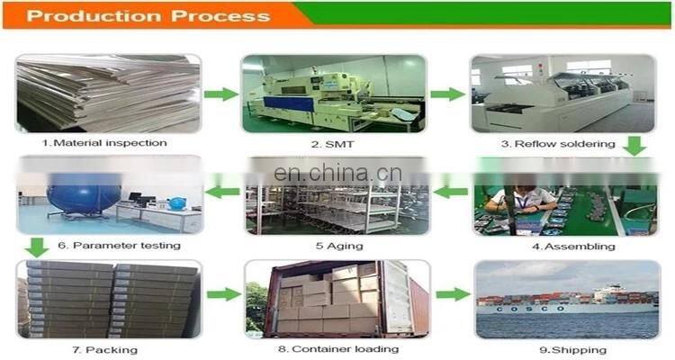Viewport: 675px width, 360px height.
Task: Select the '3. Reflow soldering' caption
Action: pyautogui.click(x=558, y=143)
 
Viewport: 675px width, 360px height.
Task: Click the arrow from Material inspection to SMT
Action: pyautogui.click(x=220, y=94)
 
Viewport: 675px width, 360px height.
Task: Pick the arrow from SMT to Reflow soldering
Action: pyautogui.click(x=446, y=94)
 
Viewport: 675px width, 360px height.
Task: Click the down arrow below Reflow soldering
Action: pyautogui.click(x=635, y=144)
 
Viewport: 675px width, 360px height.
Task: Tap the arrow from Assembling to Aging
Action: pyautogui.click(x=451, y=192)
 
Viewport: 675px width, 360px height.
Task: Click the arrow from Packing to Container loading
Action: pyautogui.click(x=223, y=294)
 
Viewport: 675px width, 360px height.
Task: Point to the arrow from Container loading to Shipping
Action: pyautogui.click(x=453, y=294)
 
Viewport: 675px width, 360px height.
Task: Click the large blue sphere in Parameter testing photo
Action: pyautogui.click(x=85, y=191)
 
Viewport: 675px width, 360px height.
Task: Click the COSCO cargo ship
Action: pyautogui.click(x=567, y=301)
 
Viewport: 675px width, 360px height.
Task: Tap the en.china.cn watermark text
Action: pyautogui.click(x=337, y=175)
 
